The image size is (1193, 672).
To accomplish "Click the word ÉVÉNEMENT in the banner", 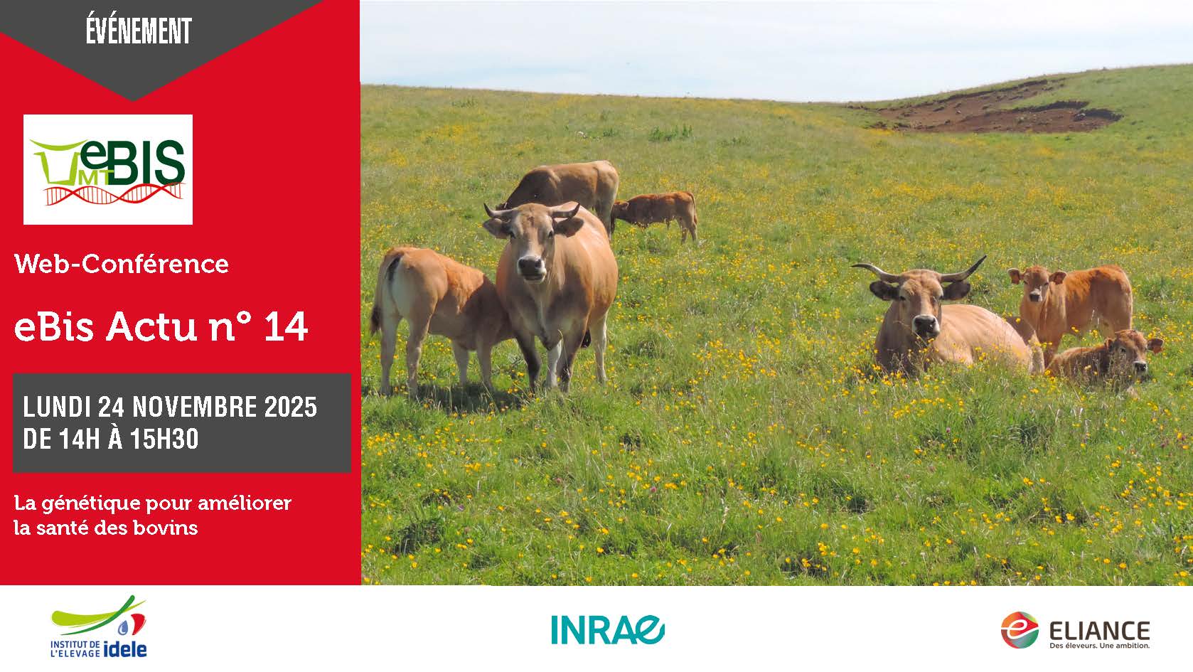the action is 139,31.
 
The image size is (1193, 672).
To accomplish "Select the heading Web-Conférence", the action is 122,264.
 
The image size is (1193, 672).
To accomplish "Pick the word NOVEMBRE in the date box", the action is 194,407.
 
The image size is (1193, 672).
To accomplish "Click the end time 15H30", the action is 164,439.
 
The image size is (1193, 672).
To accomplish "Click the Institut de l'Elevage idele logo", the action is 99,626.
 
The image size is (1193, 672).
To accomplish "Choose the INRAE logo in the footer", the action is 608,629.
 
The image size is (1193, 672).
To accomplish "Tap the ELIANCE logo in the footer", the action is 1075,630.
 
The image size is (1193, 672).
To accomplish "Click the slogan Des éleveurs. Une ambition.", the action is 1099,646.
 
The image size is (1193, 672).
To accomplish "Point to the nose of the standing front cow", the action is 531,265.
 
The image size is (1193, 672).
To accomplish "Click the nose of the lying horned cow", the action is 926,324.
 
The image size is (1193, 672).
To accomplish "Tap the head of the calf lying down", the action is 1135,353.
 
